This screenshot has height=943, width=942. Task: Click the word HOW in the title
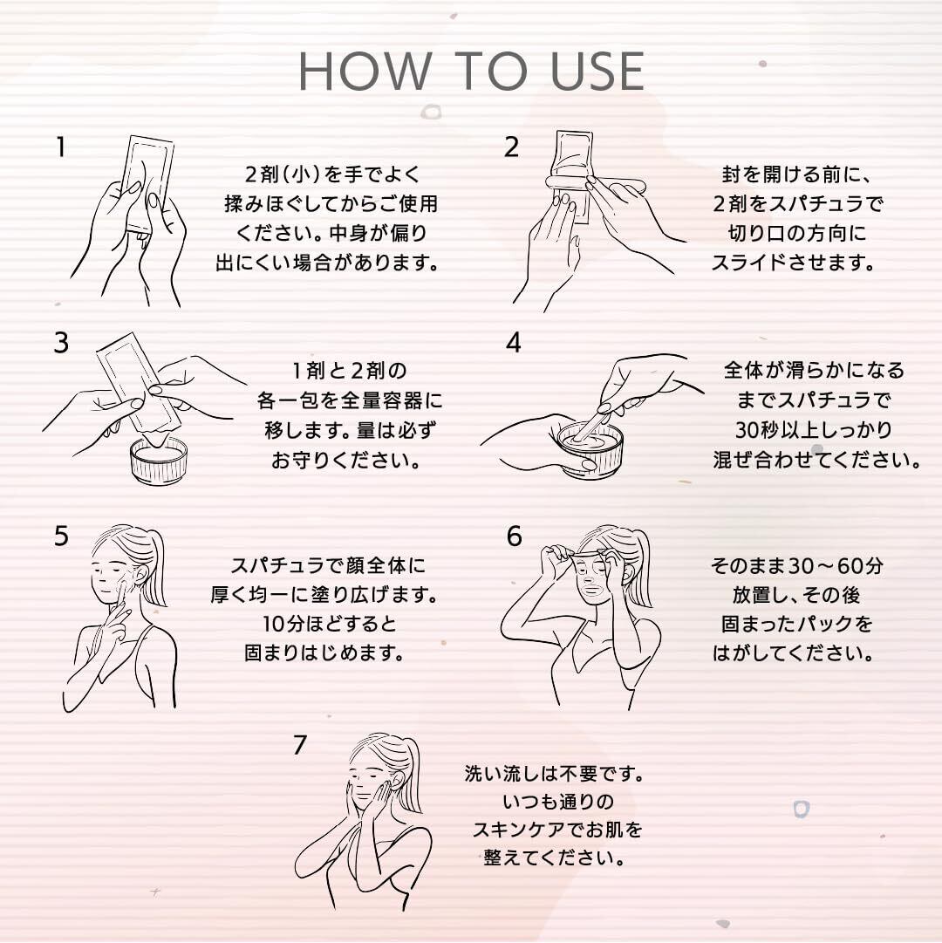tap(365, 71)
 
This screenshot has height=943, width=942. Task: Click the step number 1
tap(60, 147)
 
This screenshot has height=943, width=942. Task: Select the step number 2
tap(511, 147)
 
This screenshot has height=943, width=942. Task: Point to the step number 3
tap(61, 343)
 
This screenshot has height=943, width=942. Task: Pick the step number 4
tap(514, 343)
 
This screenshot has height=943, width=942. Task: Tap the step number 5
tap(61, 536)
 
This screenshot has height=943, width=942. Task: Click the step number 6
tap(514, 536)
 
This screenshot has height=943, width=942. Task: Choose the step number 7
tap(300, 745)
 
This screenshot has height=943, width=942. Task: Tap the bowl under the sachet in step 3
tap(159, 461)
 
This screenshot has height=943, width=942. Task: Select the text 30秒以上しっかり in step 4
tap(814, 430)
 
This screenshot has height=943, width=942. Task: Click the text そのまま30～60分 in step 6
tap(797, 566)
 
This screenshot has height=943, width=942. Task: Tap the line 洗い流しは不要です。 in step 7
tap(554, 774)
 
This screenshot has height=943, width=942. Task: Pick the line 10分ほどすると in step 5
tap(330, 624)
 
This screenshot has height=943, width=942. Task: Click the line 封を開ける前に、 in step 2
tap(796, 175)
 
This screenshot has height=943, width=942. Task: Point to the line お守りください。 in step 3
tap(345, 460)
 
